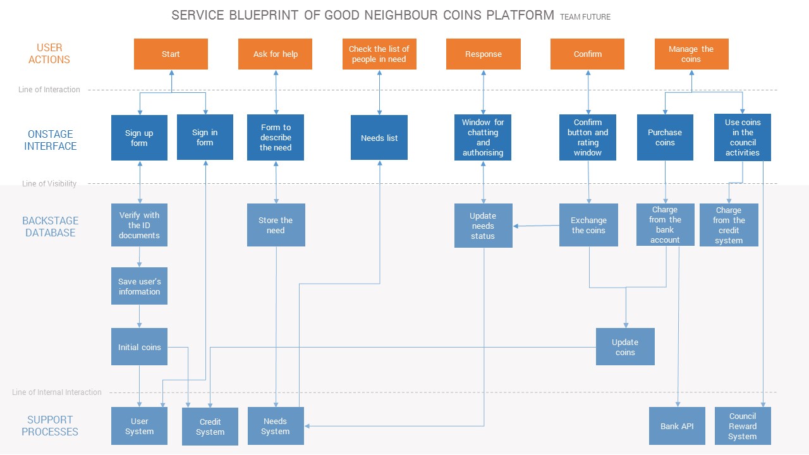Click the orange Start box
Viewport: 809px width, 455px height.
click(x=171, y=54)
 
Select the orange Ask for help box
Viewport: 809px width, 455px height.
click(x=276, y=54)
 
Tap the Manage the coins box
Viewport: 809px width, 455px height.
click(x=691, y=54)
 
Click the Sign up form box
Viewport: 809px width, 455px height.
click(x=139, y=138)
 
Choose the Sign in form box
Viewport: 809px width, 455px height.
click(x=205, y=137)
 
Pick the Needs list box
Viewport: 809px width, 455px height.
click(x=379, y=138)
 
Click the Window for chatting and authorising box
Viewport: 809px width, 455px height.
click(x=483, y=138)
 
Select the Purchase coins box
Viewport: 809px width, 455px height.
click(x=665, y=137)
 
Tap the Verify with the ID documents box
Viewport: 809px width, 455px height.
click(x=139, y=225)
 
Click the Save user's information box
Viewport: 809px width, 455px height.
click(x=139, y=286)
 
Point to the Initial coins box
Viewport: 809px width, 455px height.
click(x=139, y=347)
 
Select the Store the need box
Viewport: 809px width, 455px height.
click(x=276, y=225)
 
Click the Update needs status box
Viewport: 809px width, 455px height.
click(x=483, y=226)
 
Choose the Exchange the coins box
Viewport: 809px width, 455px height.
click(x=588, y=225)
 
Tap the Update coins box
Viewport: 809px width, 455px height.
click(x=625, y=347)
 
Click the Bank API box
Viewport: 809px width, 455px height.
click(x=677, y=426)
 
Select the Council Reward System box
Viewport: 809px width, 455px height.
click(x=743, y=426)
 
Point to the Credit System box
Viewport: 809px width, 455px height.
click(x=210, y=427)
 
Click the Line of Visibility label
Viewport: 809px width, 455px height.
click(x=49, y=184)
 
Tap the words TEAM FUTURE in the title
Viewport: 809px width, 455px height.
click(x=585, y=17)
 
